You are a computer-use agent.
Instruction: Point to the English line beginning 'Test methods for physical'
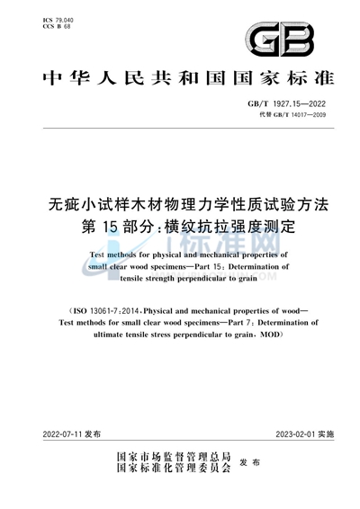[x=180, y=255]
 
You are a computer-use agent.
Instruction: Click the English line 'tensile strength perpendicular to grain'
[x=180, y=279]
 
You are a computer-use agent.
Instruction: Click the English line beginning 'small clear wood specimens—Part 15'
[x=180, y=267]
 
